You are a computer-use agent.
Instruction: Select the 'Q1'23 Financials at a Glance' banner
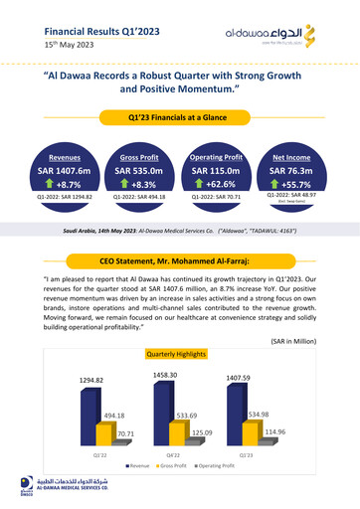pos(180,118)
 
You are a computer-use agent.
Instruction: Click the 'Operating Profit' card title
pos(217,156)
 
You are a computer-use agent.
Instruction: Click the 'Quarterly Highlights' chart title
pos(180,353)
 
